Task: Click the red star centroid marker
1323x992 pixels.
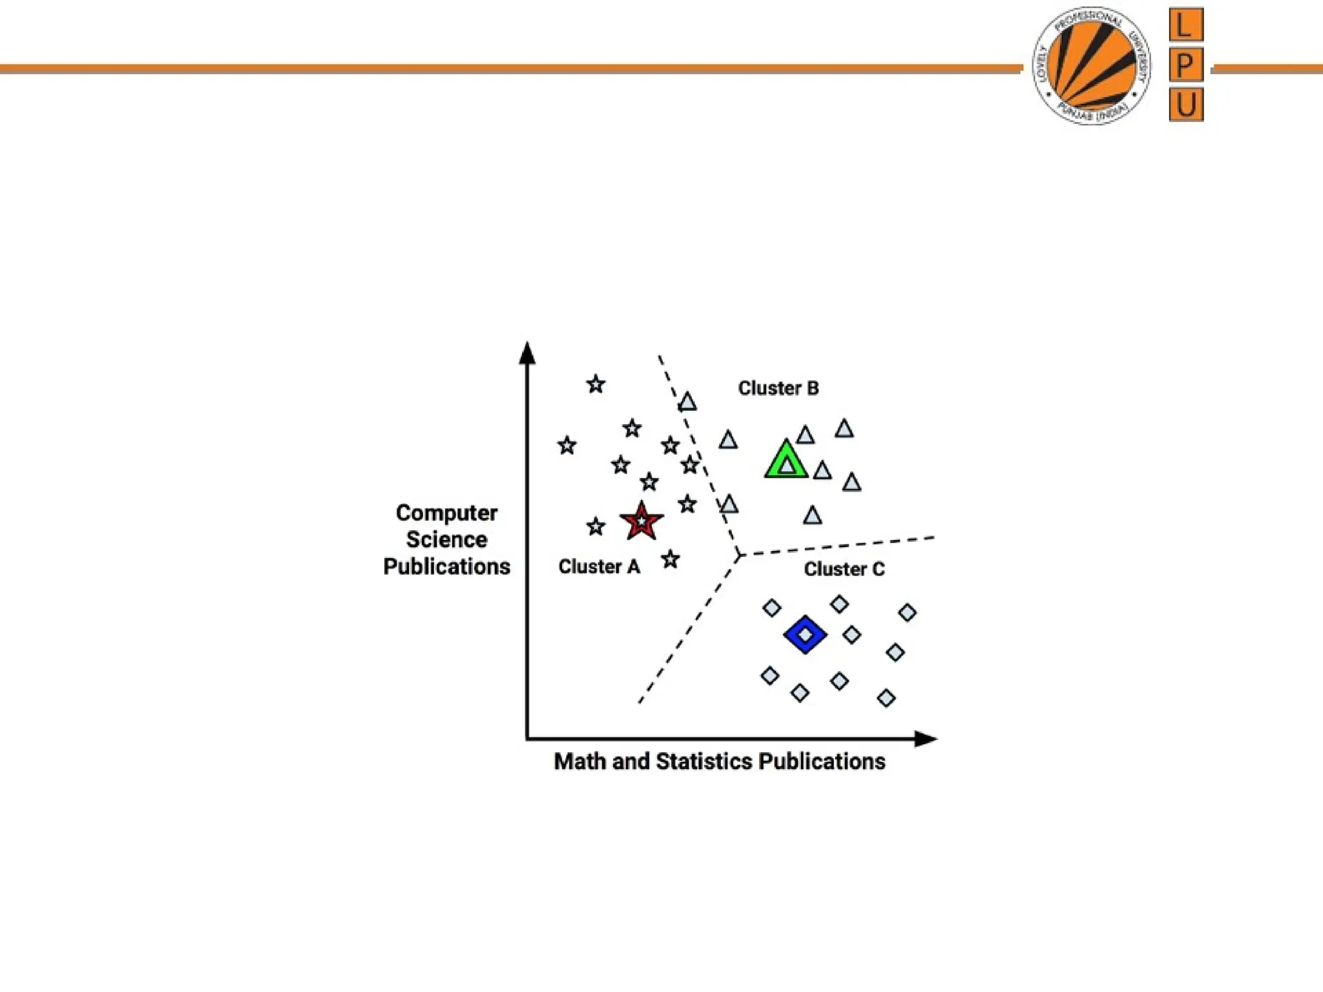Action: tap(641, 521)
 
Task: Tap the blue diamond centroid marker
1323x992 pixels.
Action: tap(805, 634)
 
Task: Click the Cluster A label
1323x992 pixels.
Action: tap(599, 566)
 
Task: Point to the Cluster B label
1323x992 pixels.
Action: tap(778, 388)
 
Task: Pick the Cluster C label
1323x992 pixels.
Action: tap(844, 569)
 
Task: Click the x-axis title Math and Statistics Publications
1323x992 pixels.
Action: tap(720, 761)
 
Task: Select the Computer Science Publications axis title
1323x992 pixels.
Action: tap(446, 539)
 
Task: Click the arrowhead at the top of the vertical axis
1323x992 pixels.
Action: tap(527, 353)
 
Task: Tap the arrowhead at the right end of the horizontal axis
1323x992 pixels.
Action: tap(926, 739)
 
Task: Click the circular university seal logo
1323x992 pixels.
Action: tap(1091, 66)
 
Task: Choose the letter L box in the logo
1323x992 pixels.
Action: tap(1186, 25)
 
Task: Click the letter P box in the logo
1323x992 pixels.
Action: tap(1186, 65)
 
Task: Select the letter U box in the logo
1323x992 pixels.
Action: tap(1186, 104)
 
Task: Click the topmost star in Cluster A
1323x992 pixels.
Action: tap(596, 384)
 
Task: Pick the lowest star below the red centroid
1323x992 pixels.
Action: tap(671, 559)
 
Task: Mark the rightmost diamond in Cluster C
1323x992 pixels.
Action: tap(907, 612)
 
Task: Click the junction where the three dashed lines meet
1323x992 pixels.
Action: tap(739, 555)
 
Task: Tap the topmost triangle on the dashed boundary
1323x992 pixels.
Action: tap(687, 402)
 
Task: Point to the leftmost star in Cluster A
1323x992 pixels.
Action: tap(567, 445)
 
